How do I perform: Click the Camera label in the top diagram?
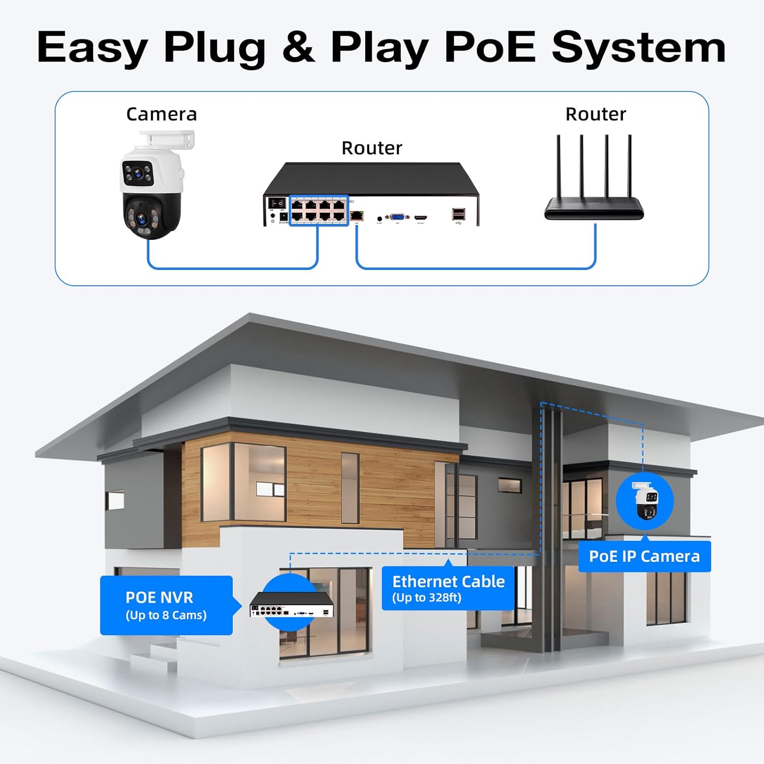[161, 114]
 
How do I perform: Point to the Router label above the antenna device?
[595, 114]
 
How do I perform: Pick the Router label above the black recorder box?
[372, 148]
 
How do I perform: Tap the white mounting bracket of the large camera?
[168, 140]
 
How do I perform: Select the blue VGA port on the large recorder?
[397, 216]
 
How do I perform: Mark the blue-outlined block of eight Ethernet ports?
[319, 210]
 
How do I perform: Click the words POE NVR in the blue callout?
[159, 597]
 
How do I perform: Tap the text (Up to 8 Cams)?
[166, 615]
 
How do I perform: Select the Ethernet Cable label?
[448, 581]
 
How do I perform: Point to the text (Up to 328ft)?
[427, 597]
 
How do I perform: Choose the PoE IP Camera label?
[644, 556]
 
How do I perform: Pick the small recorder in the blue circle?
[291, 605]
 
